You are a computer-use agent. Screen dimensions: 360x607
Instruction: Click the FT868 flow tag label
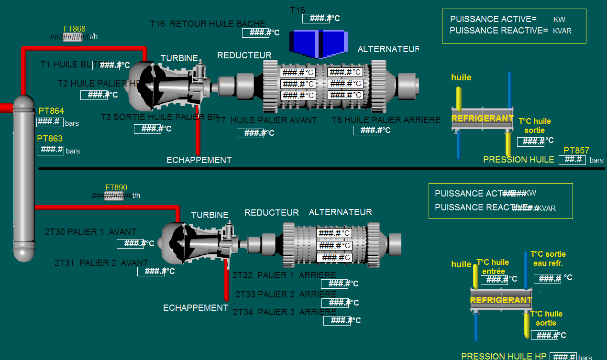pyautogui.click(x=74, y=29)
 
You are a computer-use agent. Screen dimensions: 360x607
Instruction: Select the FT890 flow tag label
pyautogui.click(x=116, y=188)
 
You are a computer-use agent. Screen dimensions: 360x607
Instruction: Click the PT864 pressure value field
pyautogui.click(x=50, y=122)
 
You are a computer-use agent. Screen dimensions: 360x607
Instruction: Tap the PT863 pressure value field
pyautogui.click(x=50, y=150)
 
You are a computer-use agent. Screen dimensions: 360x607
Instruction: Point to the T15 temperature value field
pyautogui.click(x=316, y=19)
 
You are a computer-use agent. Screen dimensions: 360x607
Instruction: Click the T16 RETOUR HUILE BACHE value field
pyautogui.click(x=256, y=33)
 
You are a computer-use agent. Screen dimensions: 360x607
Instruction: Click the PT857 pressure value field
pyautogui.click(x=572, y=160)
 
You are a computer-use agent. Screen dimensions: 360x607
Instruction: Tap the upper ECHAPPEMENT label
pyautogui.click(x=199, y=160)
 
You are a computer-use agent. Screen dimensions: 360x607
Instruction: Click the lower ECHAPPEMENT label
pyautogui.click(x=196, y=308)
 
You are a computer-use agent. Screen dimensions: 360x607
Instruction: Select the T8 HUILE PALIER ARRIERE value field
pyautogui.click(x=367, y=130)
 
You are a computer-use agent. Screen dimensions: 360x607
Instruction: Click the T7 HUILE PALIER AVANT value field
pyautogui.click(x=251, y=133)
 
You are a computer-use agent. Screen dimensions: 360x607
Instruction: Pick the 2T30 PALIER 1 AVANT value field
pyautogui.click(x=131, y=244)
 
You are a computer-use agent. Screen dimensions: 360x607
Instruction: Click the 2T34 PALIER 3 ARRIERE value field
pyautogui.click(x=337, y=321)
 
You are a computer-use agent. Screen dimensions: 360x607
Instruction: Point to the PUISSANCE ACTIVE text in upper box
pyautogui.click(x=493, y=19)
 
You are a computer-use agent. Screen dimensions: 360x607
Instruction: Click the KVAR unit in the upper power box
pyautogui.click(x=562, y=31)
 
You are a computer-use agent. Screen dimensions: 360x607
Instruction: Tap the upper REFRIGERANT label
pyautogui.click(x=482, y=119)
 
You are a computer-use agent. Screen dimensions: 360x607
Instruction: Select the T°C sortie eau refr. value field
pyautogui.click(x=547, y=279)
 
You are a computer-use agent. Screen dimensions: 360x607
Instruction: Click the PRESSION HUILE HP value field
pyautogui.click(x=563, y=357)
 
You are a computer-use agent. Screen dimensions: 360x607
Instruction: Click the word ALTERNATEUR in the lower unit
pyautogui.click(x=340, y=212)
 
